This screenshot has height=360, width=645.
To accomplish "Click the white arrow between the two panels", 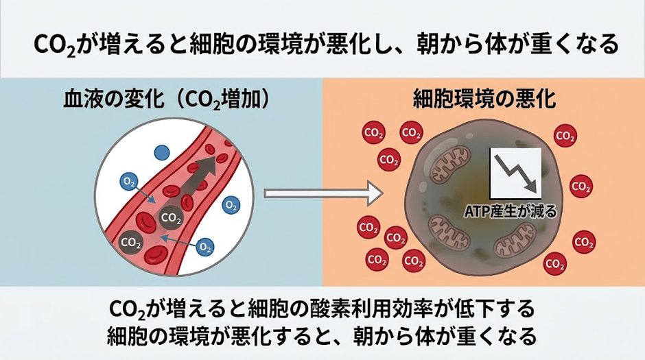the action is pyautogui.click(x=323, y=193).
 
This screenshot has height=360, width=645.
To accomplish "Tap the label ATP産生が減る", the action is pyautogui.click(x=510, y=211).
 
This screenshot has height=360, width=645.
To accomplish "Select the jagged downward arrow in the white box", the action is pyautogui.click(x=515, y=173).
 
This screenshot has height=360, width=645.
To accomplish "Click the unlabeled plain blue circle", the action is pyautogui.click(x=162, y=153).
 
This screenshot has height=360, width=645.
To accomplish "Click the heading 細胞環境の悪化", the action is pyautogui.click(x=484, y=100).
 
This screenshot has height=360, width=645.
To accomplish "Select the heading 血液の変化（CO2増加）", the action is pyautogui.click(x=167, y=100).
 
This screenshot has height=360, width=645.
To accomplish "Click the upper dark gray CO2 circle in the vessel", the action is pyautogui.click(x=171, y=219).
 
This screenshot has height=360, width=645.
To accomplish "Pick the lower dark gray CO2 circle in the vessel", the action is pyautogui.click(x=131, y=243).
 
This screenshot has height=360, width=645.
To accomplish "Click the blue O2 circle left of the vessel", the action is pyautogui.click(x=128, y=182).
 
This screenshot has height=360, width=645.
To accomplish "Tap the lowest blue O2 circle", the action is pyautogui.click(x=205, y=247).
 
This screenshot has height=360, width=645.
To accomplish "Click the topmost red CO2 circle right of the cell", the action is pyautogui.click(x=565, y=136).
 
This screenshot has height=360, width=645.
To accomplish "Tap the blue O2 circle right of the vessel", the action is pyautogui.click(x=231, y=205).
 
